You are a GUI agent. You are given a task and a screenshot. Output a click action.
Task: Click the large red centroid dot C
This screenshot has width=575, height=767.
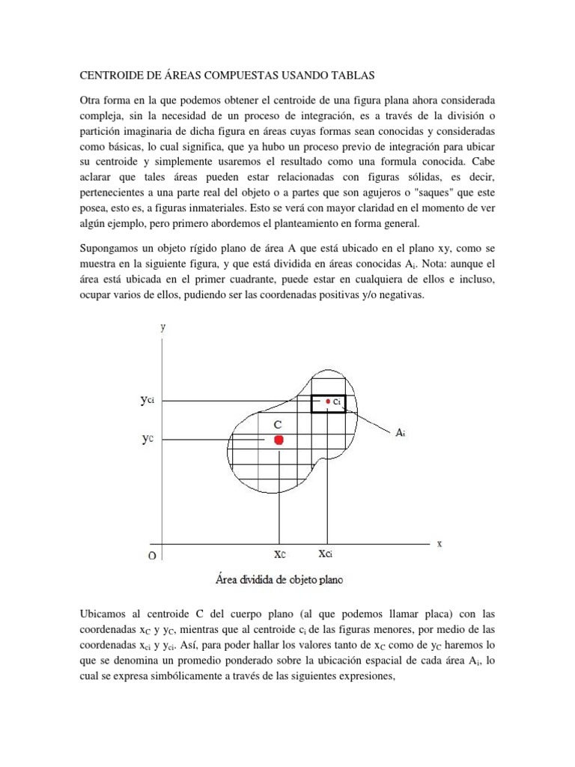pyautogui.click(x=279, y=440)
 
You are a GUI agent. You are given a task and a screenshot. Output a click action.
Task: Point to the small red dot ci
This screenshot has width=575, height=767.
pyautogui.click(x=328, y=401)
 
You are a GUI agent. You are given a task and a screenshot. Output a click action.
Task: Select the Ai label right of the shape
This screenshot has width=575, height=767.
pyautogui.click(x=401, y=432)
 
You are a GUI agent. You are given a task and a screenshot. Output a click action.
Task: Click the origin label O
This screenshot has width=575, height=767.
pyautogui.click(x=152, y=557)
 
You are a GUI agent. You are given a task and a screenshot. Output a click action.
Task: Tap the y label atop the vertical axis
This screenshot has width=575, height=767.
pyautogui.click(x=163, y=327)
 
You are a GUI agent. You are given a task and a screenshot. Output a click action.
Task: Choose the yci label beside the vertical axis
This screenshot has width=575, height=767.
pyautogui.click(x=147, y=401)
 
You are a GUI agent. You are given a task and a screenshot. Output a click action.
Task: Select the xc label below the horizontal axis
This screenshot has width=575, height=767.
pyautogui.click(x=279, y=555)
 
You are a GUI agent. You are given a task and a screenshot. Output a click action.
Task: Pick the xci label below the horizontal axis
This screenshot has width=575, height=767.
pyautogui.click(x=326, y=555)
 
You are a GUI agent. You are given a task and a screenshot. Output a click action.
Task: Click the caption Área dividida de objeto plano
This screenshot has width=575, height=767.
pyautogui.click(x=279, y=579)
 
